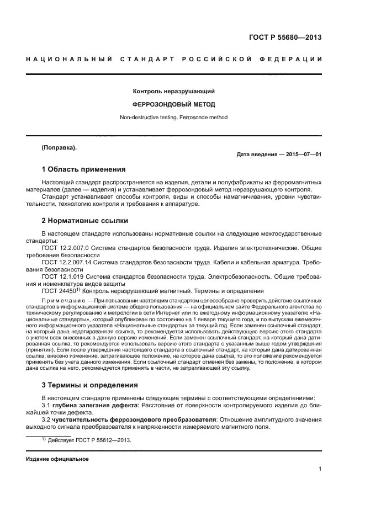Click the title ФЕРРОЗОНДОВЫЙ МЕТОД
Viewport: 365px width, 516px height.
[x=173, y=104]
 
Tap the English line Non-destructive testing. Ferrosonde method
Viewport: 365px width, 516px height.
[x=173, y=117]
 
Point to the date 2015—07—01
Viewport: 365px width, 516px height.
[x=302, y=155]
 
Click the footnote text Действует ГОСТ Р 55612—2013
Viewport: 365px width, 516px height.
[x=91, y=440]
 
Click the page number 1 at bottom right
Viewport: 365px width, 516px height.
[x=320, y=470]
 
